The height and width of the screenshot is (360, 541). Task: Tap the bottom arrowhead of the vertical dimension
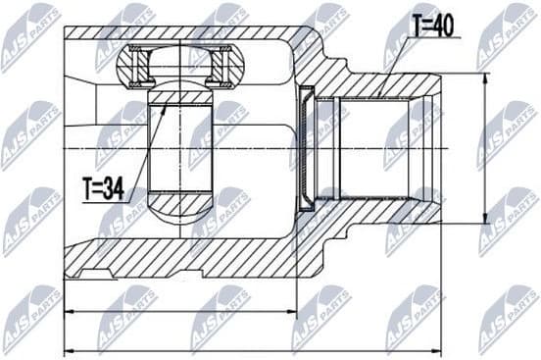click(487, 222)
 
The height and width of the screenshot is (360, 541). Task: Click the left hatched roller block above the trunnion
click(133, 67)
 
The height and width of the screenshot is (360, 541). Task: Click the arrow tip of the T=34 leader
click(165, 102)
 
